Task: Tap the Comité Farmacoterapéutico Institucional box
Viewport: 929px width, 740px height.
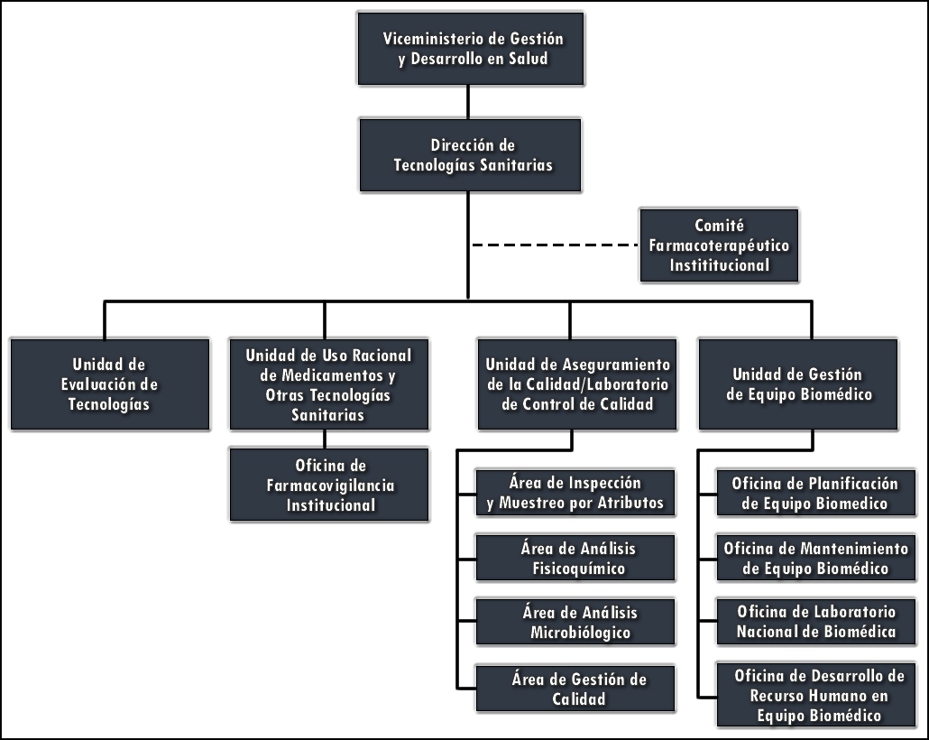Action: click(718, 245)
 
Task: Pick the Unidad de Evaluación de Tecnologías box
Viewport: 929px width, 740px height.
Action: click(109, 384)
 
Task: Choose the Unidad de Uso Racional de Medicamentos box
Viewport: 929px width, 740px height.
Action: click(327, 384)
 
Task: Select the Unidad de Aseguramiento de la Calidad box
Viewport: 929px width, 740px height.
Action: click(577, 384)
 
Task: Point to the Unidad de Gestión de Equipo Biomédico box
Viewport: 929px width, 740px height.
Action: click(797, 384)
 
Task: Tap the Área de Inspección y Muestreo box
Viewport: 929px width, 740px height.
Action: click(575, 493)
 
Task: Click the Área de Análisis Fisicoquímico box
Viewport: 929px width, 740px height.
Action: click(575, 558)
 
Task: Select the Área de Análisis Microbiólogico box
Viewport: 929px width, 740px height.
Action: click(575, 622)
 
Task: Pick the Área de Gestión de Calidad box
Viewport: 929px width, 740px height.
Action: click(575, 688)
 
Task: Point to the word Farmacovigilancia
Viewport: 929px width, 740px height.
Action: click(330, 486)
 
